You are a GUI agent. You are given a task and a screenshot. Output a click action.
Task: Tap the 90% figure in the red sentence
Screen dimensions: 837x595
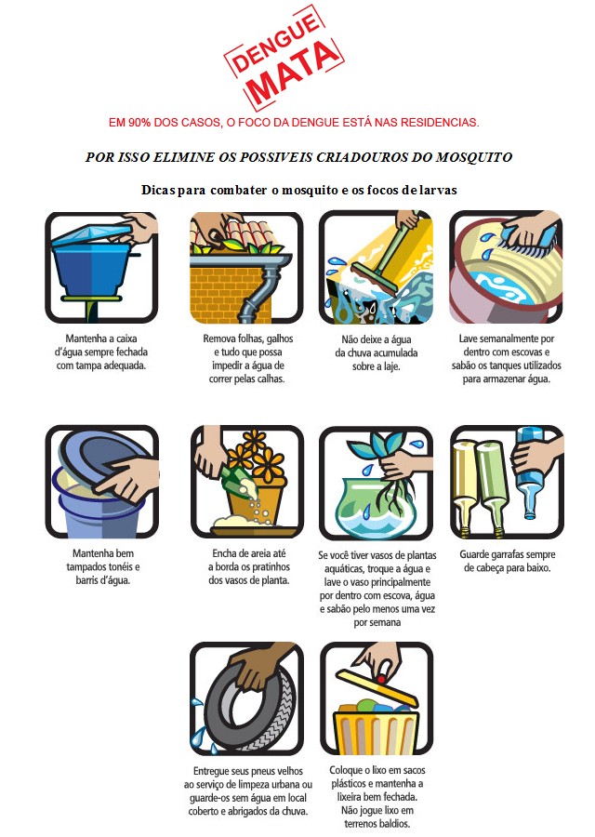pyautogui.click(x=145, y=122)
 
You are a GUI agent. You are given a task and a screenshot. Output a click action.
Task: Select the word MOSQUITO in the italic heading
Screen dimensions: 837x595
pyautogui.click(x=469, y=156)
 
